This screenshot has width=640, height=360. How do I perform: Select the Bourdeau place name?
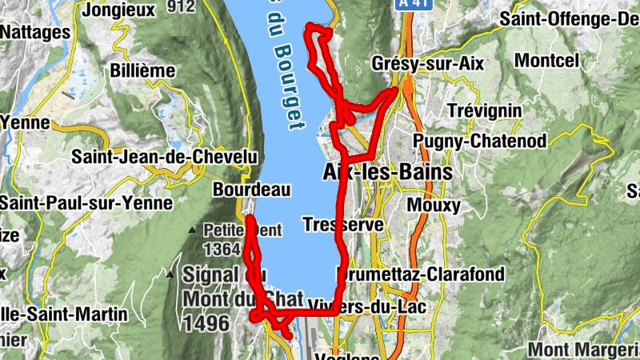(x=239, y=190)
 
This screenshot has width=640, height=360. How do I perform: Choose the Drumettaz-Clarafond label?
(x=422, y=275)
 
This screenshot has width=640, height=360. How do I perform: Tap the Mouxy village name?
(x=434, y=206)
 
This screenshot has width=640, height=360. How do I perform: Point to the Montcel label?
(x=546, y=60)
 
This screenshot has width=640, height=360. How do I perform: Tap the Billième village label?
(x=143, y=70)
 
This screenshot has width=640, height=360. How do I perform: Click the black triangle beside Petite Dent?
(x=191, y=230)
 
